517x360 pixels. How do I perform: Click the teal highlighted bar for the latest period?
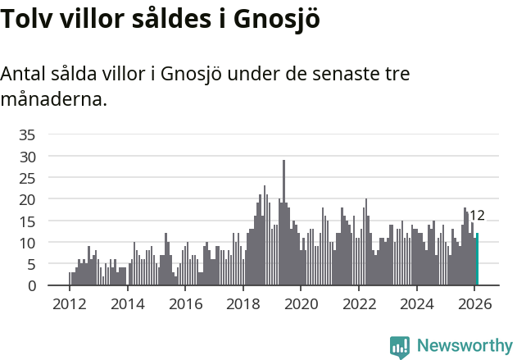pos(477,260)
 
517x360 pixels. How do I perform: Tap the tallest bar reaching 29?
pos(283,223)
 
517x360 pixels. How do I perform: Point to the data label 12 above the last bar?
pos(477,216)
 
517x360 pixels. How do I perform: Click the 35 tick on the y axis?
pos(27,134)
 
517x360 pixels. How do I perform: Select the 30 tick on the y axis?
pos(27,156)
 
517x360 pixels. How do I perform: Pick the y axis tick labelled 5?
pos(31,264)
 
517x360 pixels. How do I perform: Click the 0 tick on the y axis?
pos(31,285)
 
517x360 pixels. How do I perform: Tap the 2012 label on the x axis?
pos(69,303)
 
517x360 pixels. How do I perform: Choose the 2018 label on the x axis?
pos(243,303)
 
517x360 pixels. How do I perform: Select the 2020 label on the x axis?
pos(301,303)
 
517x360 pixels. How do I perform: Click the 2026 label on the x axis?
pos(474,303)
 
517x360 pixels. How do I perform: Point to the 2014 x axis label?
pos(127,303)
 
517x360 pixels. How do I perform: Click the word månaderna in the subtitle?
pos(53,101)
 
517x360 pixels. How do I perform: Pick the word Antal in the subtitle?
pos(24,74)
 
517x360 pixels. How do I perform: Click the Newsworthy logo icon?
pos(400,347)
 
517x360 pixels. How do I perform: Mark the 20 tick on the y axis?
pos(27,199)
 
